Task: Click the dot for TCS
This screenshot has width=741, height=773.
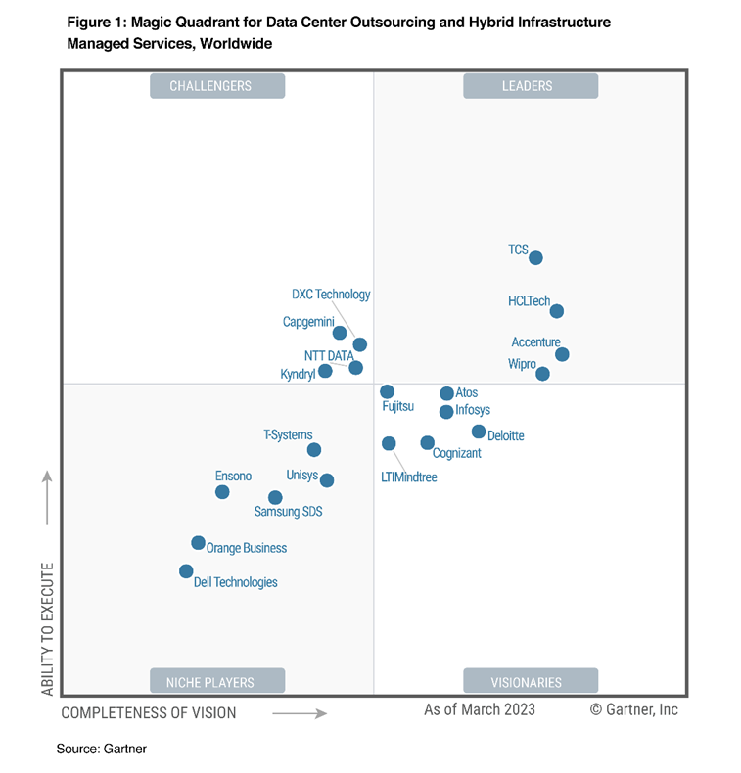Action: tap(535, 258)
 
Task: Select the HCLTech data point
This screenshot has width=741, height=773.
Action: tap(556, 311)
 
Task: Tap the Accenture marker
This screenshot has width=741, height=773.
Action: tap(562, 354)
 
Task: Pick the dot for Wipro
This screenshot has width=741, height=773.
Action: tap(542, 374)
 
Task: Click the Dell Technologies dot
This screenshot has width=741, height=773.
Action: tap(186, 571)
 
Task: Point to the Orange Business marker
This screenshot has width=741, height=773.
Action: tap(198, 543)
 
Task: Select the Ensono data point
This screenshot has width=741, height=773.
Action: tap(222, 491)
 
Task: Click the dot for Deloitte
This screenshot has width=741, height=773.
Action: tap(478, 432)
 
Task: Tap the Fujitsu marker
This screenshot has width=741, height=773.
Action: tap(387, 391)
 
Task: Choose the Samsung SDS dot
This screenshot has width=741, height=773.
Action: tap(275, 497)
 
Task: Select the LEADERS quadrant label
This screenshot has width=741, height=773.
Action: tap(530, 86)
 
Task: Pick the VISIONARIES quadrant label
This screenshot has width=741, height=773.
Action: tap(530, 682)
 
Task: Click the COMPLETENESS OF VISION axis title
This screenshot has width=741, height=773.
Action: tap(149, 713)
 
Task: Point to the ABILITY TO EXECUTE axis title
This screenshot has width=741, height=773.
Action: tap(46, 626)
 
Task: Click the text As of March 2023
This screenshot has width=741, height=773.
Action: tap(480, 710)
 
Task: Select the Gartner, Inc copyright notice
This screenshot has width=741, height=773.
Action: tap(634, 710)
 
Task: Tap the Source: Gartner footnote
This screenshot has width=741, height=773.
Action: tap(101, 749)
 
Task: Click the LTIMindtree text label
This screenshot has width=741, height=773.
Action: tap(408, 477)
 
